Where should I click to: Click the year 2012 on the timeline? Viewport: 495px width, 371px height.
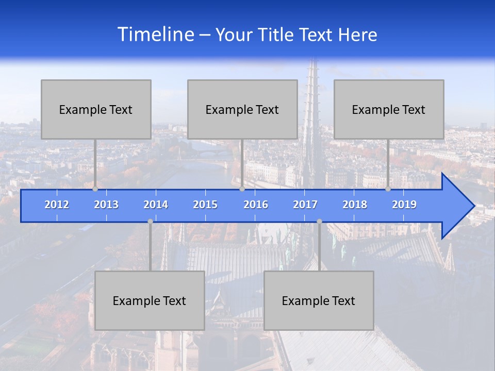pos(57,205)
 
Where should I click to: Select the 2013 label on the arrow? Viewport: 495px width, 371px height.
pos(106,205)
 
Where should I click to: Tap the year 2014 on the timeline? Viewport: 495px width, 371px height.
pos(156,205)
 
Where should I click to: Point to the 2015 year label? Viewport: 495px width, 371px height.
pos(205,205)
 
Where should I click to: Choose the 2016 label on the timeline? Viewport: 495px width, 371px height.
pos(256,205)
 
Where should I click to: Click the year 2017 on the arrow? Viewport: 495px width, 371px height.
pos(305,205)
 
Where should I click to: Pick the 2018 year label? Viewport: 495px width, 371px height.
pos(355,205)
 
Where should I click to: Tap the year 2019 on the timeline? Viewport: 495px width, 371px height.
pos(404,205)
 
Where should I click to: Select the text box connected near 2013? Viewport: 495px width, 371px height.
pos(96,109)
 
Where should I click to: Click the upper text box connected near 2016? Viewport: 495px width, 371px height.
pos(242,109)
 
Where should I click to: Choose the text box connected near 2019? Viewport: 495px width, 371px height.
pos(389,109)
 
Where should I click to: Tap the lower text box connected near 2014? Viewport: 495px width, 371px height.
pos(150,300)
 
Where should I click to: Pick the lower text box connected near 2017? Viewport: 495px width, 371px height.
pos(319,300)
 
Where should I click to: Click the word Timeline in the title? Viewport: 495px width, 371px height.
pos(155,35)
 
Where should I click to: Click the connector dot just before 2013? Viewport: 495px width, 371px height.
pos(95,189)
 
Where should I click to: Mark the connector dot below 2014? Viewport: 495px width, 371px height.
pos(150,221)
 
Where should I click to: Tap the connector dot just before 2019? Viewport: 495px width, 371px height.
pos(388,189)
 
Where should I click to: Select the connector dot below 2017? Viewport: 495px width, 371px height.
pos(319,221)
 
